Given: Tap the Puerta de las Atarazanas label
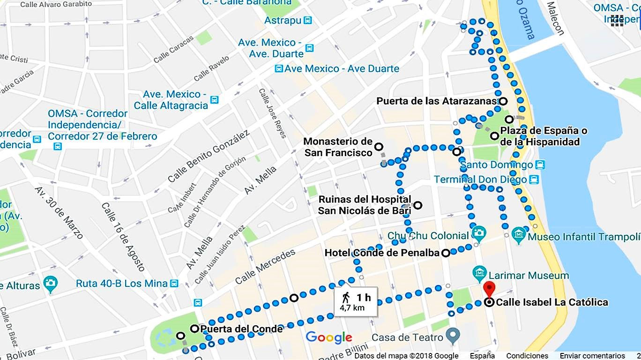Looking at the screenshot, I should click(436, 101).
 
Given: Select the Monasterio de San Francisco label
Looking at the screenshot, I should click(338, 147).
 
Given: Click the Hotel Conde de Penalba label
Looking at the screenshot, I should click(382, 253).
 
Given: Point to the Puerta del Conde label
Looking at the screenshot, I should click(241, 329).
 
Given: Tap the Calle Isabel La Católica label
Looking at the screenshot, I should click(552, 302).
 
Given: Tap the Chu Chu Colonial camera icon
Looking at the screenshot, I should click(479, 232).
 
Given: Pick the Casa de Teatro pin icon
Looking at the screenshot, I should click(453, 336).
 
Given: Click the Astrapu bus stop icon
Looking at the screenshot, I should click(308, 20).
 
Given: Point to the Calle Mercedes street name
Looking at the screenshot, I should click(265, 267).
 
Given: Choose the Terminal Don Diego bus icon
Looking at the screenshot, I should click(534, 180).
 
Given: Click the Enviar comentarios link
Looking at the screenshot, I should click(592, 356).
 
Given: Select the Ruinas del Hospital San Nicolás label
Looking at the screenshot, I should click(365, 205).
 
